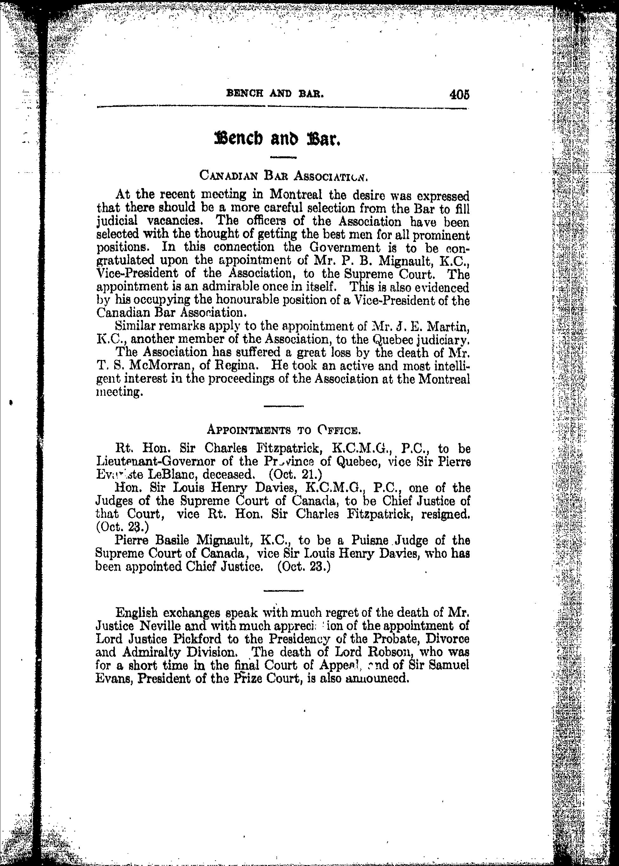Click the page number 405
point(459,94)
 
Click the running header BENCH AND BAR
point(275,93)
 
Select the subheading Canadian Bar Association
point(283,176)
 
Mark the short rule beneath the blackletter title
point(283,157)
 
